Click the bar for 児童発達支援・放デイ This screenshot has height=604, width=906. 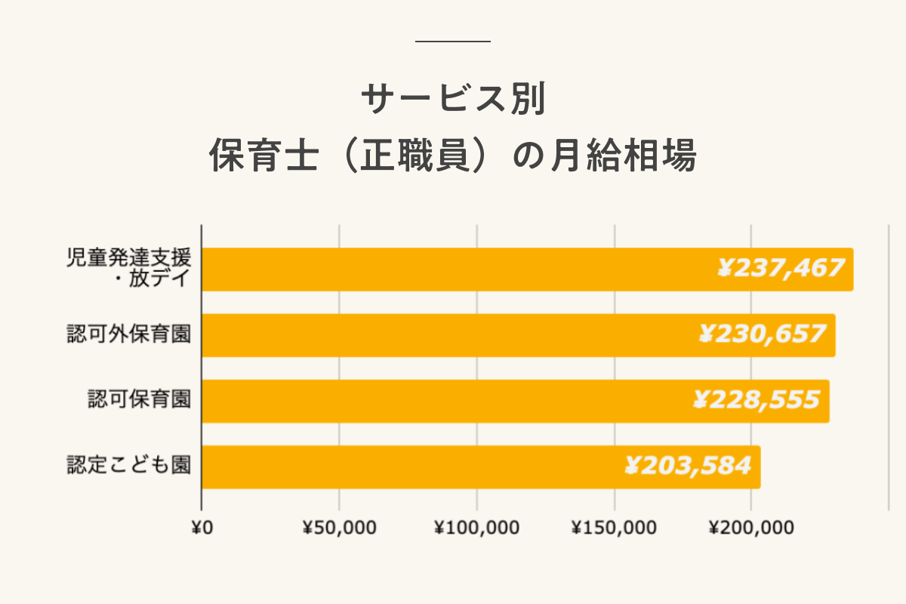pyautogui.click(x=453, y=270)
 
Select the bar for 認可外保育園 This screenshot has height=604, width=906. pyautogui.click(x=453, y=335)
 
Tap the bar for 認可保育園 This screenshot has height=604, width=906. pyautogui.click(x=453, y=401)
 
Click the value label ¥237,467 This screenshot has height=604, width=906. pyautogui.click(x=780, y=268)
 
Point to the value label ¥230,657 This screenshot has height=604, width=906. pyautogui.click(x=762, y=334)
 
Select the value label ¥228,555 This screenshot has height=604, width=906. pyautogui.click(x=756, y=399)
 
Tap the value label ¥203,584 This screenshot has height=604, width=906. pyautogui.click(x=687, y=465)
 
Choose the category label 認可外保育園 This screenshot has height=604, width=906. pyautogui.click(x=128, y=334)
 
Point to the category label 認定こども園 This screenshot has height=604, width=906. pyautogui.click(x=128, y=465)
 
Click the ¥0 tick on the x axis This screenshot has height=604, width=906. pyautogui.click(x=202, y=528)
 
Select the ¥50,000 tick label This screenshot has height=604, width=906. pyautogui.click(x=339, y=528)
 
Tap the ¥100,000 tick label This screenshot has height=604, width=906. pyautogui.click(x=476, y=528)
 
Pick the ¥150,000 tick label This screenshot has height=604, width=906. pyautogui.click(x=614, y=528)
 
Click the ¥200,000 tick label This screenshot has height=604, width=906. pyautogui.click(x=751, y=528)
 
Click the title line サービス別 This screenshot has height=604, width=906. pyautogui.click(x=453, y=100)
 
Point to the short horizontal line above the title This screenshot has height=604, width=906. pyautogui.click(x=453, y=41)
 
